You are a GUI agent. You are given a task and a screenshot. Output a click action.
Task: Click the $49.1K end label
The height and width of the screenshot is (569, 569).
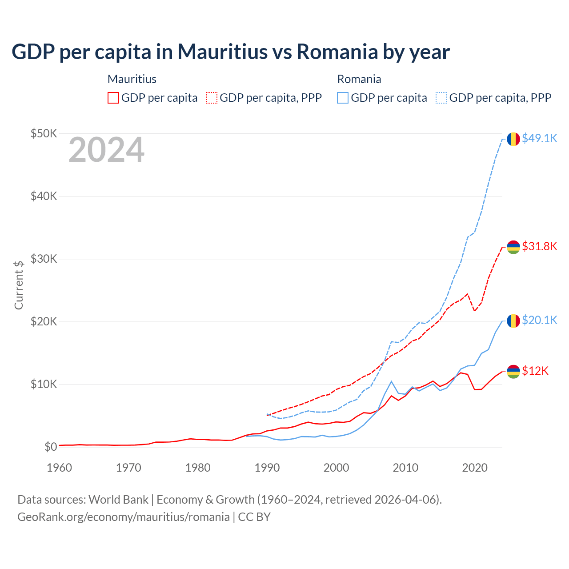point(539,139)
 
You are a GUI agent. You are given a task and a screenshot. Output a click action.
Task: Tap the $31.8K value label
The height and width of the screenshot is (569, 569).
point(539,246)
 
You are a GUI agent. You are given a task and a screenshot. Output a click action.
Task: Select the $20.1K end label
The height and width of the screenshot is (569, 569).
point(539,320)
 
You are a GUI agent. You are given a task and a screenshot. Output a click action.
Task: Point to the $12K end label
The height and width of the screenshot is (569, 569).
point(535,371)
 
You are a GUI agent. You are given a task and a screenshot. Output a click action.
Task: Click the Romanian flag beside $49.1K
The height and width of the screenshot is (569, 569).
point(513,139)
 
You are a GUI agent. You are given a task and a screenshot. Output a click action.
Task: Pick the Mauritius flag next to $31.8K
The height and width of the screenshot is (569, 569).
point(513,247)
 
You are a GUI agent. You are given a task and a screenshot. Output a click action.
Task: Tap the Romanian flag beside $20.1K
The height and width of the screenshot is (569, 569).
point(513,321)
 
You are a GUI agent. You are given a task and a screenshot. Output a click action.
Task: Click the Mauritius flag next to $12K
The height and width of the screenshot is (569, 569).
point(513,371)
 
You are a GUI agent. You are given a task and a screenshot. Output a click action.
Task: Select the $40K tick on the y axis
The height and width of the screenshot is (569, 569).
point(44,196)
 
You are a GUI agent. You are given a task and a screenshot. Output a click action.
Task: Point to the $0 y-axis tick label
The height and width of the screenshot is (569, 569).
point(51,447)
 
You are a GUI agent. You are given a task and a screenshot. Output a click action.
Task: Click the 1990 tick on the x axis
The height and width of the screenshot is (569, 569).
point(267,468)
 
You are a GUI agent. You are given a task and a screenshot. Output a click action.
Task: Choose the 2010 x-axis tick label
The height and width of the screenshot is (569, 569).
point(405,468)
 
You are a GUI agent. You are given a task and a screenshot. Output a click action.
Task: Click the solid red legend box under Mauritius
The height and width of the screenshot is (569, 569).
point(113,98)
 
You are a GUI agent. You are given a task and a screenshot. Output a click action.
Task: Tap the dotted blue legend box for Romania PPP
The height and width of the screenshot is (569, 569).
point(441,98)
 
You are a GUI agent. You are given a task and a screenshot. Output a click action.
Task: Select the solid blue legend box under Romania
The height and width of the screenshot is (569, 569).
point(343,98)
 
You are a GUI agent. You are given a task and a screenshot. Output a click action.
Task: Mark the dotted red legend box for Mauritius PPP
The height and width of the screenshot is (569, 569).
point(212,98)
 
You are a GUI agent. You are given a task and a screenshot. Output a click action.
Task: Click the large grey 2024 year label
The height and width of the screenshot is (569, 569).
point(106,150)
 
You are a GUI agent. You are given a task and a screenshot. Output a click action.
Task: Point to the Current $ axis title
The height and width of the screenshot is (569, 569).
point(19,285)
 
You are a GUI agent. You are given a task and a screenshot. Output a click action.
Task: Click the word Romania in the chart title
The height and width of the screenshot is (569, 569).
point(337,52)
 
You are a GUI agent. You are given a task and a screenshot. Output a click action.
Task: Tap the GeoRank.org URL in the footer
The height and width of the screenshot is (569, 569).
point(124,517)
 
